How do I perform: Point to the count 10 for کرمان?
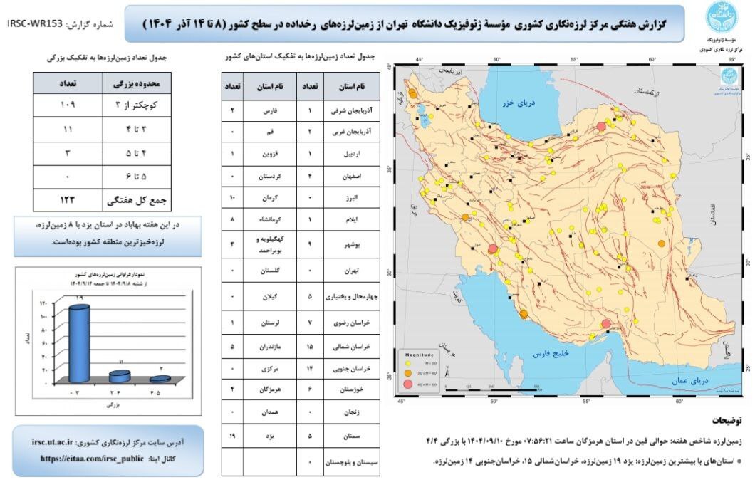(232, 197)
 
